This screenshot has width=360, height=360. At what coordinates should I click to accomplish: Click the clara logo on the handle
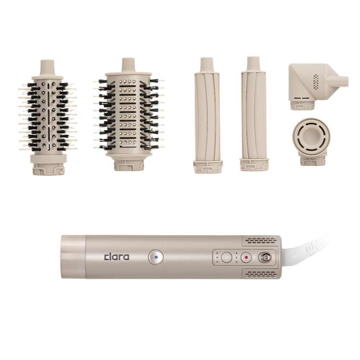(x=117, y=257)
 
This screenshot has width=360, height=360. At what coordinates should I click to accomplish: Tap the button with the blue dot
(x=156, y=257)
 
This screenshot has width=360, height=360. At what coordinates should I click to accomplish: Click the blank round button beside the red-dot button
(x=227, y=257)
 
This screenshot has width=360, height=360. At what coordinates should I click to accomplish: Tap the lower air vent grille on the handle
(x=261, y=274)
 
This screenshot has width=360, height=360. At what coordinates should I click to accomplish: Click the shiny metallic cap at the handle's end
(x=73, y=256)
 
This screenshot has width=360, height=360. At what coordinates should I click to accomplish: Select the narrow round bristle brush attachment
(x=48, y=117)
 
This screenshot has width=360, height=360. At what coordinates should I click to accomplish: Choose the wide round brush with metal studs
(x=128, y=114)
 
